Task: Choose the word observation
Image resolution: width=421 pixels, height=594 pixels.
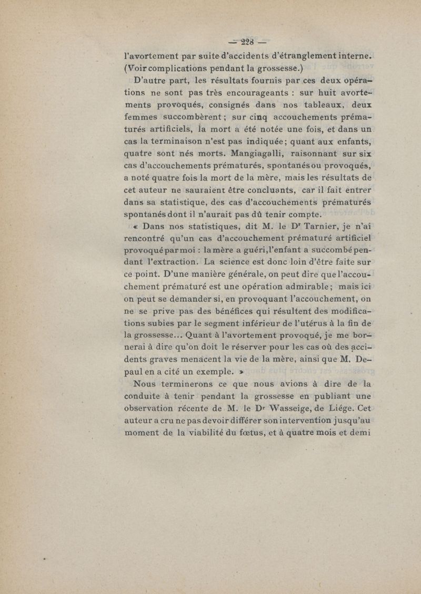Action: [157, 423]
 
